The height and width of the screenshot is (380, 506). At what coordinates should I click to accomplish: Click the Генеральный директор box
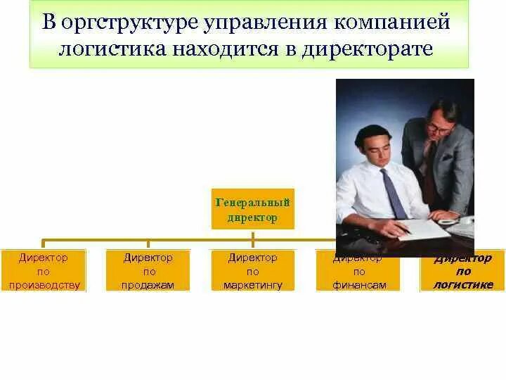[252, 209]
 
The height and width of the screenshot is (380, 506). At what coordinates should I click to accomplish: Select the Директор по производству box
[44, 271]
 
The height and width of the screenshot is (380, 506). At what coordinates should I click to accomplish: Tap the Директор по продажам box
[148, 271]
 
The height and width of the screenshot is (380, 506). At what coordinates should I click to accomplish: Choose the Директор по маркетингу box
[252, 271]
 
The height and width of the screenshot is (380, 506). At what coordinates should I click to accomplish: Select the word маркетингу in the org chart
[252, 285]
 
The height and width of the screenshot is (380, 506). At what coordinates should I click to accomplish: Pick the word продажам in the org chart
[148, 285]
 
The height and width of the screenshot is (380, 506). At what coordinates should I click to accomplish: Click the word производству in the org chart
[44, 285]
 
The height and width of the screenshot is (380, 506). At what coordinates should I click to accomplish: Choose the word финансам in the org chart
[359, 285]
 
